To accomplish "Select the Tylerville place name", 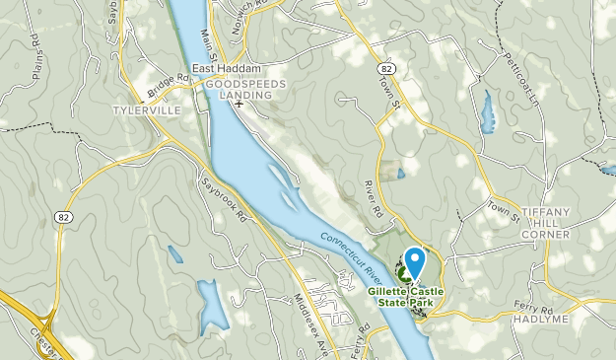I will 147,109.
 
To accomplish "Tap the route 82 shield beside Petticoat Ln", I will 386,67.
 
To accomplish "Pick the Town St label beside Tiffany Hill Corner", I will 502,210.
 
